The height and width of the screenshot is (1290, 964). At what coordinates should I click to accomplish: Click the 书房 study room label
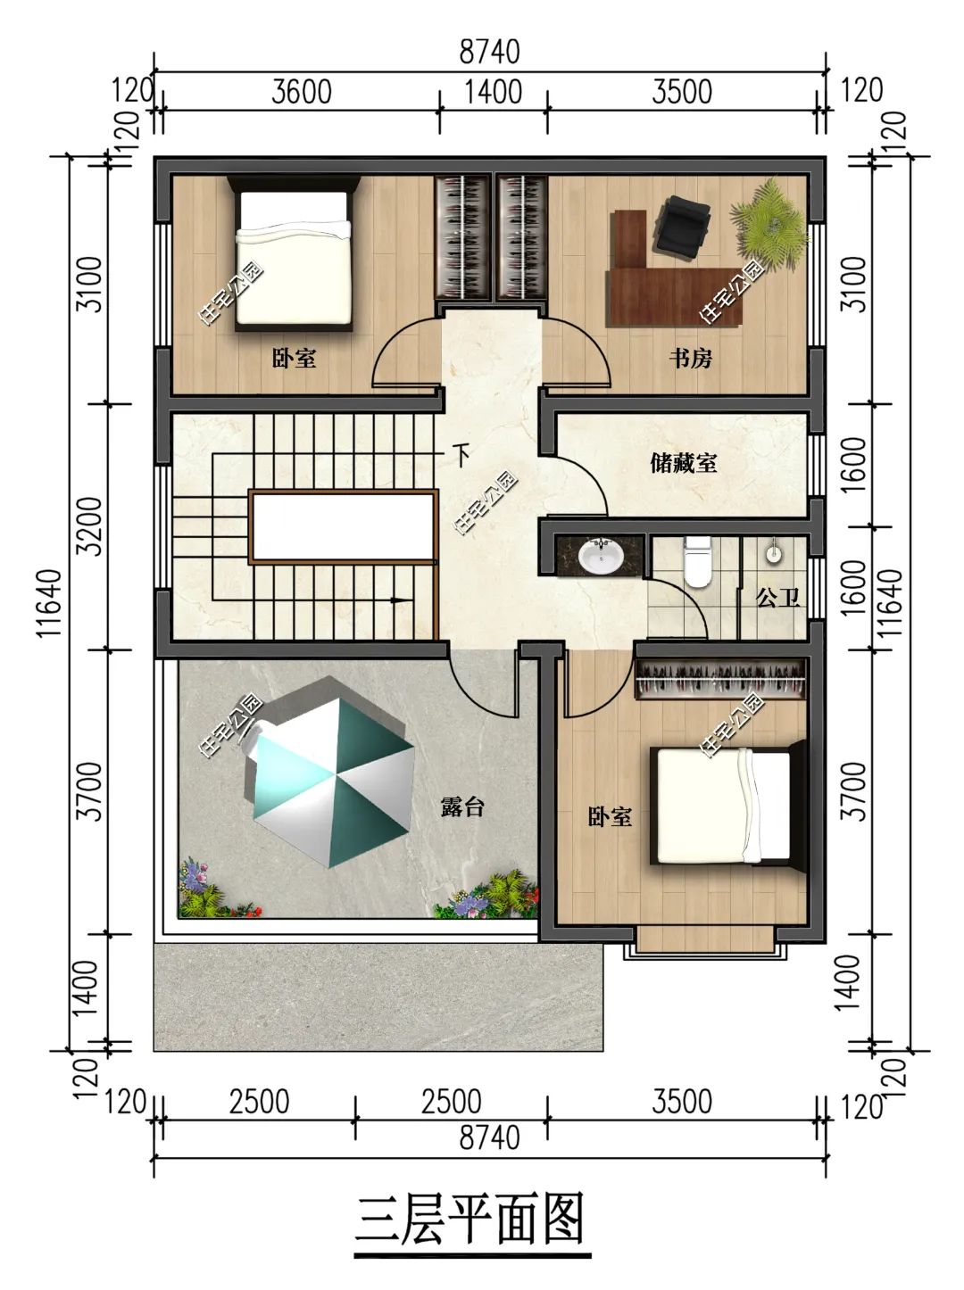pyautogui.click(x=690, y=357)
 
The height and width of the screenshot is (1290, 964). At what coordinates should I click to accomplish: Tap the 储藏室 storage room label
pyautogui.click(x=683, y=463)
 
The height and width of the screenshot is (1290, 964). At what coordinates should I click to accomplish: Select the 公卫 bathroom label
pyautogui.click(x=777, y=599)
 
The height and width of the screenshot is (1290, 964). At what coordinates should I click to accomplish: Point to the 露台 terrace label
pyautogui.click(x=462, y=806)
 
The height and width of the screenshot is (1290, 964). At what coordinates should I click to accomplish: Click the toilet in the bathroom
pyautogui.click(x=697, y=561)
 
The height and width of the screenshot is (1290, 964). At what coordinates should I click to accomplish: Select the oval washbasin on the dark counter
pyautogui.click(x=601, y=556)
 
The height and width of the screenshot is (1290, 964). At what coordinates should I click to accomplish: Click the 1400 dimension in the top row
pyautogui.click(x=494, y=92)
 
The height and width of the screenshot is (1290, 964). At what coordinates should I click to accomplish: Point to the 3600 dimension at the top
pyautogui.click(x=302, y=92)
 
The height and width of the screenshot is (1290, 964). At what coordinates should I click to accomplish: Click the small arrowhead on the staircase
pyautogui.click(x=400, y=600)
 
